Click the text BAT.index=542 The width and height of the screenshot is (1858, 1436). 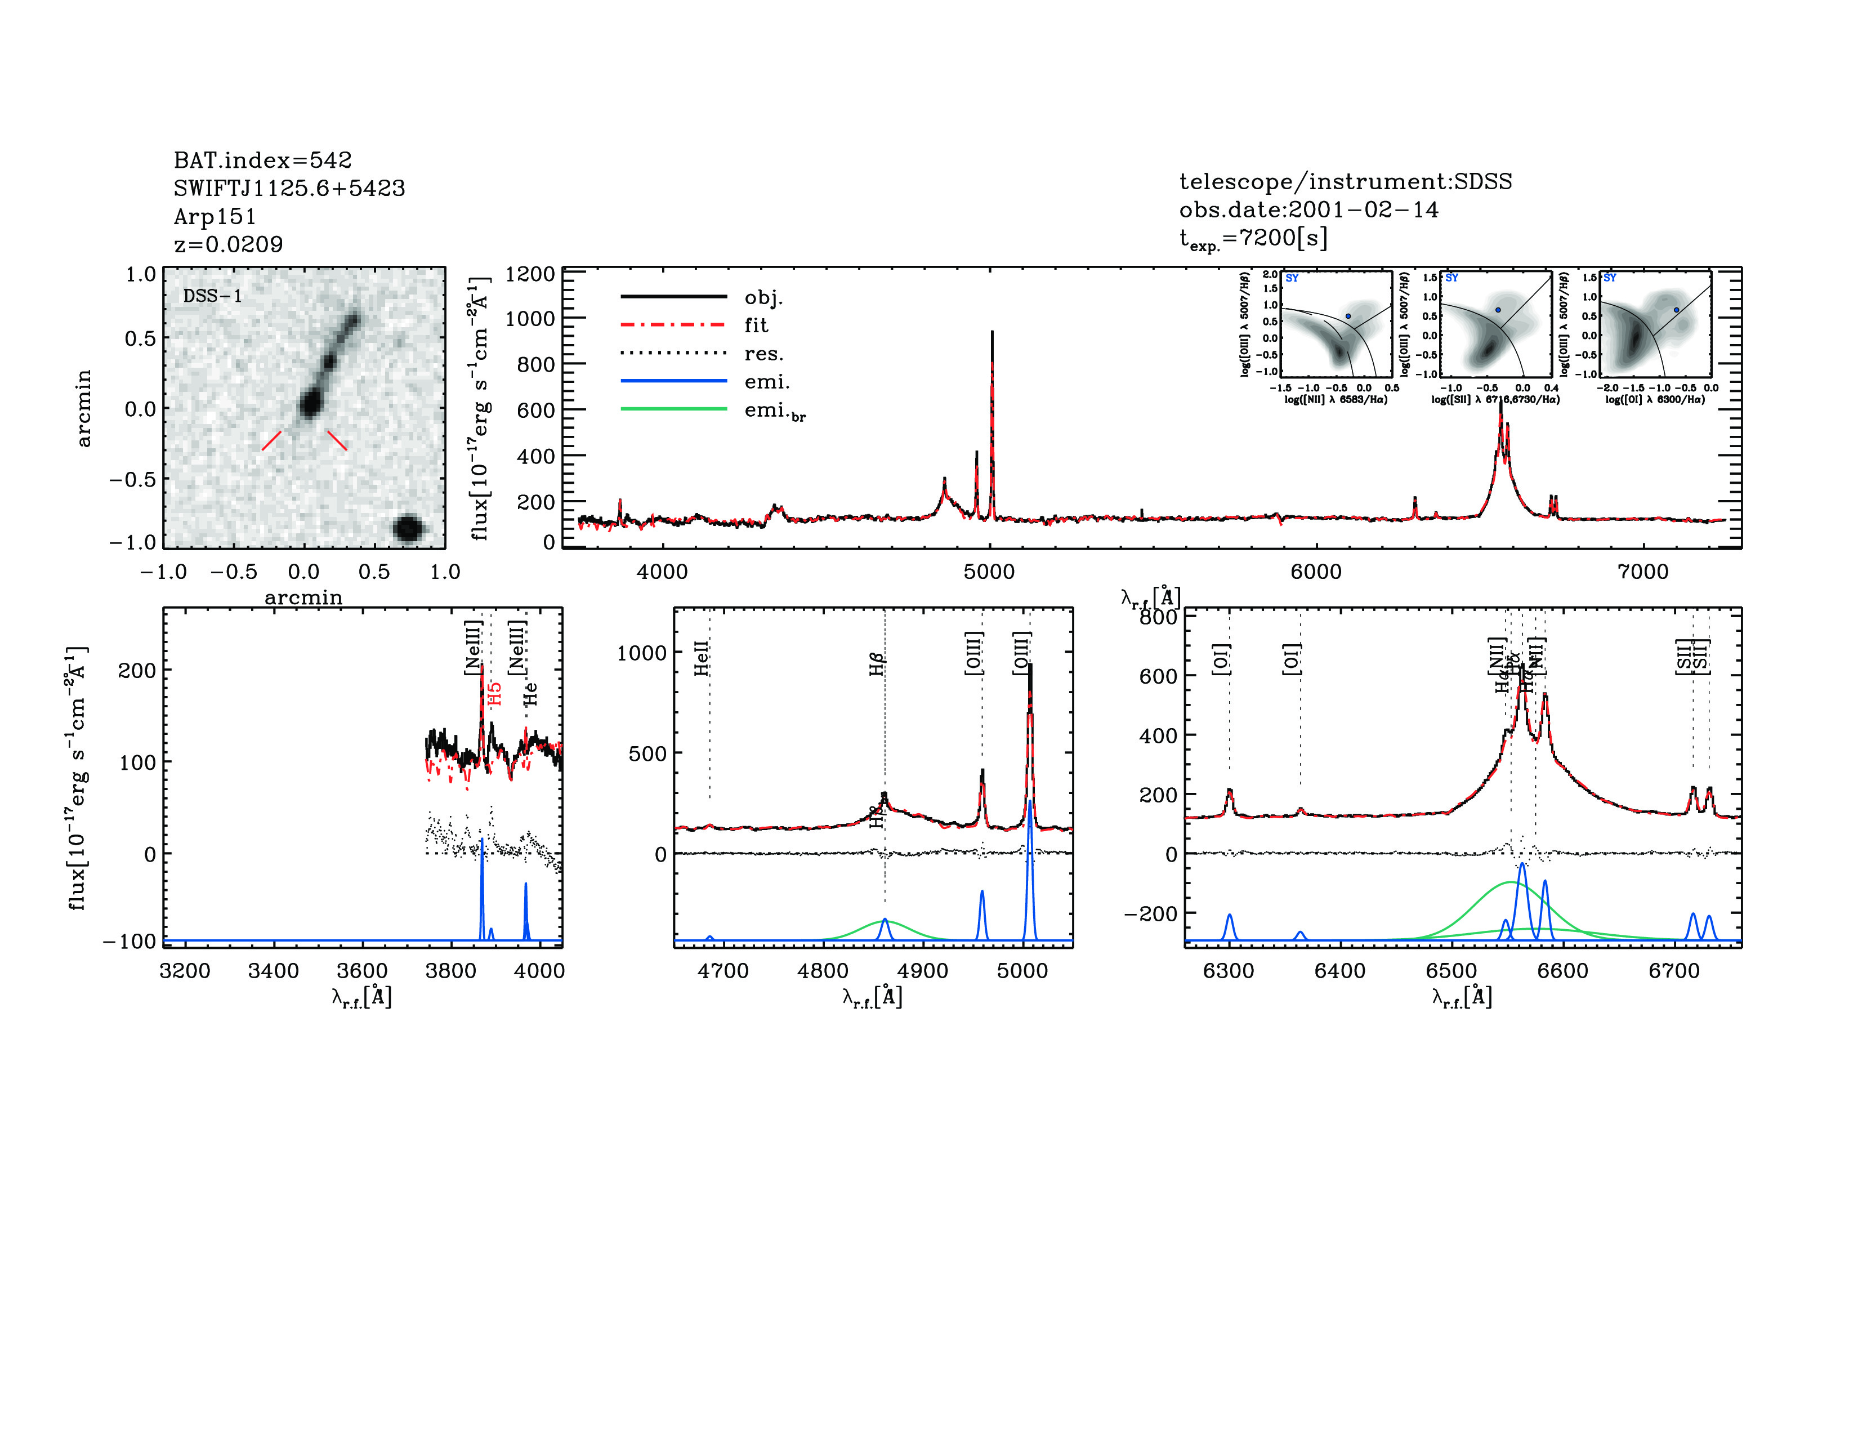[x=262, y=160]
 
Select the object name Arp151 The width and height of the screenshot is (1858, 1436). [x=215, y=216]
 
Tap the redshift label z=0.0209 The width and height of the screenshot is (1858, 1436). [x=228, y=244]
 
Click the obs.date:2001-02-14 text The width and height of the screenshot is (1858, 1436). [x=1308, y=209]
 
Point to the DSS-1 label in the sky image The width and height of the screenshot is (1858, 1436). [x=213, y=296]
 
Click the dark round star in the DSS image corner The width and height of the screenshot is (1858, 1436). [x=408, y=528]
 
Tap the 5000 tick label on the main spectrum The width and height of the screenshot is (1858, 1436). [x=989, y=572]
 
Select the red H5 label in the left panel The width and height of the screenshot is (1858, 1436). [x=495, y=693]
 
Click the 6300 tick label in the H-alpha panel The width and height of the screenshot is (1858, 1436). [x=1229, y=971]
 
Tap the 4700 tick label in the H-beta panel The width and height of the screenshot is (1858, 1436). [x=722, y=971]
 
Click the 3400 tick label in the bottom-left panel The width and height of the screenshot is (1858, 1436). [x=273, y=971]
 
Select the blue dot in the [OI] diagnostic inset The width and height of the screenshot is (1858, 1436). [x=1677, y=310]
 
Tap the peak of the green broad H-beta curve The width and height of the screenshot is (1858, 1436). [x=883, y=921]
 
